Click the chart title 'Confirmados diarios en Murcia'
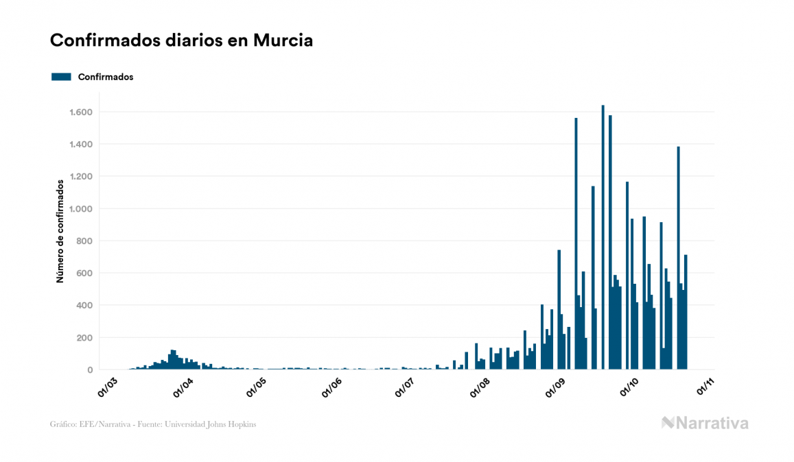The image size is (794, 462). (x=181, y=40)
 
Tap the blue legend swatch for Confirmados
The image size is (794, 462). (x=61, y=77)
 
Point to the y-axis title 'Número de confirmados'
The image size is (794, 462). (x=60, y=231)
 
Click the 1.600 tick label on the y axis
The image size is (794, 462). (x=81, y=112)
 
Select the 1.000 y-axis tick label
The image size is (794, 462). (x=81, y=208)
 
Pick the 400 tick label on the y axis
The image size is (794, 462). (x=85, y=305)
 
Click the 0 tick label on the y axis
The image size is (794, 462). (x=90, y=369)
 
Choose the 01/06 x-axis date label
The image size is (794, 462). (x=332, y=386)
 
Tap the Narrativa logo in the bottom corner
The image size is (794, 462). (x=705, y=423)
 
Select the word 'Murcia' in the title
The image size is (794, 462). (x=283, y=40)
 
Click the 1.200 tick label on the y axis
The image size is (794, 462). (x=81, y=176)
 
